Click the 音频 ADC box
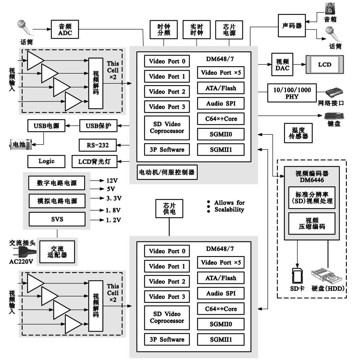click(x=65, y=29)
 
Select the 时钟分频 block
click(x=164, y=29)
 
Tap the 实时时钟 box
click(x=196, y=29)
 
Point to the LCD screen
click(x=325, y=65)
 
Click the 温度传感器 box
click(x=297, y=133)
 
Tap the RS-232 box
click(x=98, y=146)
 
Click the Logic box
click(x=46, y=161)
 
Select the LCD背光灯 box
click(x=95, y=161)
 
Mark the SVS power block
click(x=57, y=219)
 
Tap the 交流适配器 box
click(x=57, y=251)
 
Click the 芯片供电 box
click(x=169, y=209)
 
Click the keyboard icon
click(x=334, y=115)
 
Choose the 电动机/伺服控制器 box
click(x=167, y=172)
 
